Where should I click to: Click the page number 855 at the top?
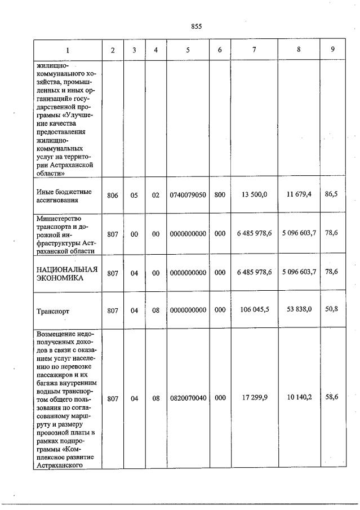pos(196,26)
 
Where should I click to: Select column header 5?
pos(188,50)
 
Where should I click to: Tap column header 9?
pos(333,50)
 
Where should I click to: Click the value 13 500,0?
pos(254,194)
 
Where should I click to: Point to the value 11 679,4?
pos(299,194)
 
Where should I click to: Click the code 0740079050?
pos(188,195)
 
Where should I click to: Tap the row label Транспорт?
pos(54,311)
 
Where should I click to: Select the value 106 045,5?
pos(254,309)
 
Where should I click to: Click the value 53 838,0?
pos(299,309)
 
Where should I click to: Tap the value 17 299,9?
pos(254,398)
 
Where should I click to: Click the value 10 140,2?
pos(299,398)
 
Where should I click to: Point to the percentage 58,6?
pos(333,397)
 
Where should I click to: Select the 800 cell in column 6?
pos(220,195)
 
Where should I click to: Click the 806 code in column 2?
pos(113,195)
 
